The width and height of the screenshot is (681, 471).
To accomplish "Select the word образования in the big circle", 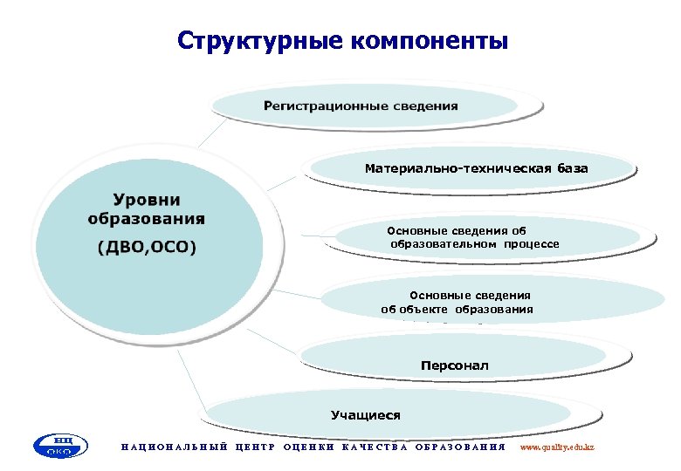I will (147, 217).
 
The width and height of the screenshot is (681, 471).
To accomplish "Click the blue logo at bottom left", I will (60, 447).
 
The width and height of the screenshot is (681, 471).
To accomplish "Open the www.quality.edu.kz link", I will (557, 447).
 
